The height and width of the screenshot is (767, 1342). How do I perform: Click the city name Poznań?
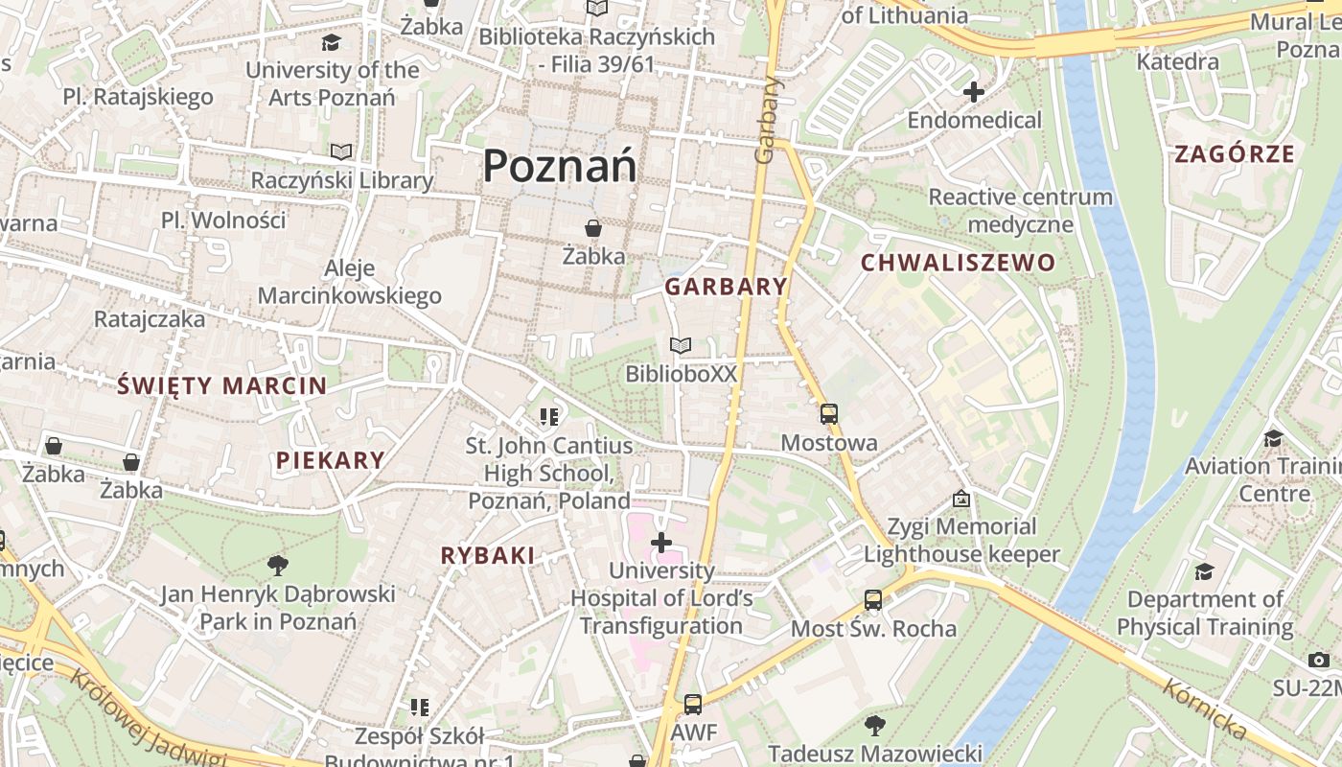coord(559,166)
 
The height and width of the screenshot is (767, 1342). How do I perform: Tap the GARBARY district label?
coord(726,287)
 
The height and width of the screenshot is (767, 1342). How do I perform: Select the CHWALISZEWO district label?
coord(958,263)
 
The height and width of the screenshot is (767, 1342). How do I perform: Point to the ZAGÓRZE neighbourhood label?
coord(1235,154)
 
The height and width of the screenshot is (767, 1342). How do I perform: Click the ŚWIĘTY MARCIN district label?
coord(221,386)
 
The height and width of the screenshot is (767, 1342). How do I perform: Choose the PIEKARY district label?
coord(330,460)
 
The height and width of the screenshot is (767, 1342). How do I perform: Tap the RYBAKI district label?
coord(487,555)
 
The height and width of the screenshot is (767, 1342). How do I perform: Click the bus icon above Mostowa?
coord(828,414)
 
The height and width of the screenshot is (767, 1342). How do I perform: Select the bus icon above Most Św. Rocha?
coord(872,600)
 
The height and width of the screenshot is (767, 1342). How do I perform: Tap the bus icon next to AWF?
coord(692,705)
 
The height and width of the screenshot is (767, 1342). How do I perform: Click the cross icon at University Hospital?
coord(660,543)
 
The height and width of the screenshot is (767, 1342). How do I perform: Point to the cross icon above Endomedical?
coord(974,92)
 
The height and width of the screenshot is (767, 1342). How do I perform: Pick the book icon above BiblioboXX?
coord(681,345)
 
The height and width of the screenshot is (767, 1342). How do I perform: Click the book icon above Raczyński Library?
coord(341,151)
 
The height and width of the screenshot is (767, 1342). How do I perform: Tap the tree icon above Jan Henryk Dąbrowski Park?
coord(278,565)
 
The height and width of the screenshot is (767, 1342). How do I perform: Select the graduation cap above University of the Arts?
coord(332,42)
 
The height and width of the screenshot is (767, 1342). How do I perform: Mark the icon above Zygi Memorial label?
coord(961,499)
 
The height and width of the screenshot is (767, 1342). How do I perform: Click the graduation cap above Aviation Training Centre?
coord(1273,438)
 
